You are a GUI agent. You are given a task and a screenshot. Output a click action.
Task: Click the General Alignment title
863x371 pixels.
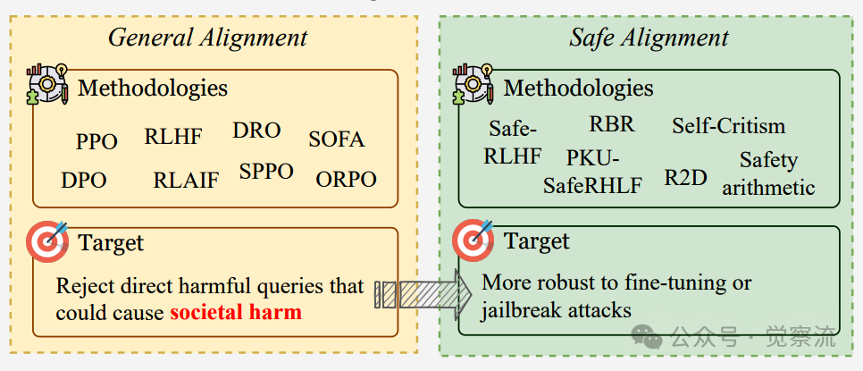tap(207, 37)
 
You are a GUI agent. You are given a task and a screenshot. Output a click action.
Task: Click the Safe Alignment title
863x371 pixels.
tap(649, 37)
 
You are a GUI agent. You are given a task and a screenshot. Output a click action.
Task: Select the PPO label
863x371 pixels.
tap(96, 141)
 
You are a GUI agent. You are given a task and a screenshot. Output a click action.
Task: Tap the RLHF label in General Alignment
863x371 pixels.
tap(173, 137)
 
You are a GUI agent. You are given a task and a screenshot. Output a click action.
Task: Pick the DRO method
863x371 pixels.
tap(256, 131)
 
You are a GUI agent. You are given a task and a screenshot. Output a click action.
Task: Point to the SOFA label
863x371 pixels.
tap(337, 139)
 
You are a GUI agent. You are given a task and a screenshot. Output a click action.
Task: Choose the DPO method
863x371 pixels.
tap(84, 180)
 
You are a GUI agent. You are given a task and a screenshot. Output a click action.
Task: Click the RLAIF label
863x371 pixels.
tap(186, 180)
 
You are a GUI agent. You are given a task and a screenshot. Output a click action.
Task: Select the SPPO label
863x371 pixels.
tap(266, 172)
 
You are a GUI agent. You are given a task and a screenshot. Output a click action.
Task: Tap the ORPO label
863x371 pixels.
tap(346, 179)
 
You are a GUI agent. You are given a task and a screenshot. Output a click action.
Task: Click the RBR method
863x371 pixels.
tap(612, 124)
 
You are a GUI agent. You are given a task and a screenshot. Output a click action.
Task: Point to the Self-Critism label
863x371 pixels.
tap(728, 126)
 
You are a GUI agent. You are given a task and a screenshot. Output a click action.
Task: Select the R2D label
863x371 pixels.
tap(685, 177)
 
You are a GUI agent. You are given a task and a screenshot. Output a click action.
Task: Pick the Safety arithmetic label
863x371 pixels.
tap(768, 173)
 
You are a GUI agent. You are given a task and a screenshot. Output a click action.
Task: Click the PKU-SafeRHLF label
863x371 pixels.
tap(591, 172)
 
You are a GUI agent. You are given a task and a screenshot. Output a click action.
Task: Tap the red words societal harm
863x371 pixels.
tap(236, 313)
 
